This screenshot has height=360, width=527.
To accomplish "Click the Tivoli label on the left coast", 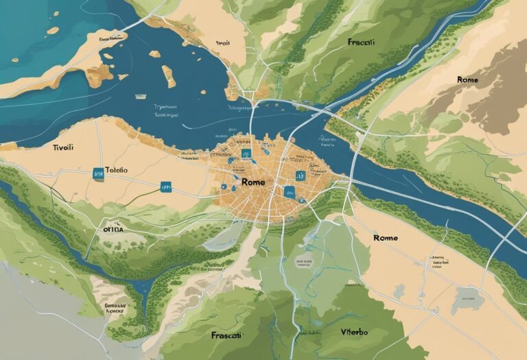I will click(63, 147).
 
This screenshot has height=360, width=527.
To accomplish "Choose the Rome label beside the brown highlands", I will click(468, 80).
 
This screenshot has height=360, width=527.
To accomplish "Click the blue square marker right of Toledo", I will click(164, 185).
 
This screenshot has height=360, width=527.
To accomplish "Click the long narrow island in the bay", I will click(167, 75).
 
